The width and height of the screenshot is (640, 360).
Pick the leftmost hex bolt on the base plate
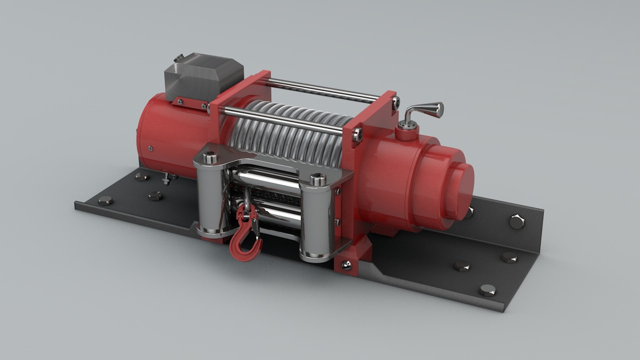coord(105,201)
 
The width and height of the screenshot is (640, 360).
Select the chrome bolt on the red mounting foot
coord(346,265)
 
